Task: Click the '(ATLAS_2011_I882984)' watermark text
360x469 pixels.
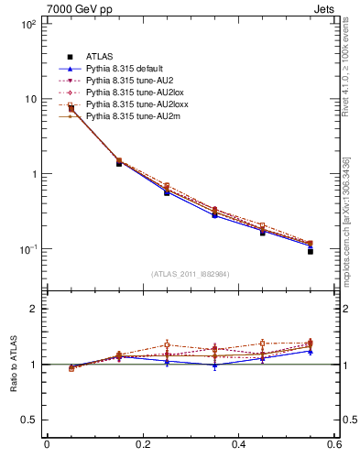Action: (190, 274)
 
